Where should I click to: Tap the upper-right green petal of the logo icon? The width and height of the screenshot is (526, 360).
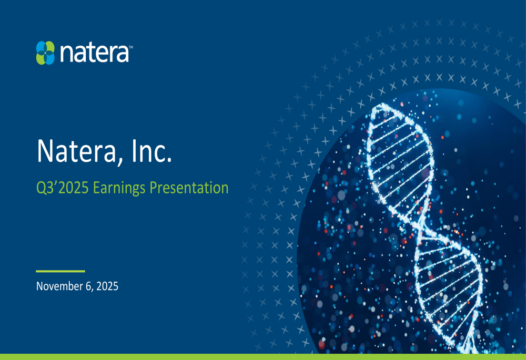coord(50,47)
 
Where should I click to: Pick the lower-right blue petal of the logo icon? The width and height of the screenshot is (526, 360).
coord(50,58)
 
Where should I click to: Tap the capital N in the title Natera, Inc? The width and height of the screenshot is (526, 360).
coord(45,151)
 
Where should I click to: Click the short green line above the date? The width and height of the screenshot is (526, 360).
coord(60,271)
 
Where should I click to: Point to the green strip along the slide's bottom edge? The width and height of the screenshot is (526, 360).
coord(263,357)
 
